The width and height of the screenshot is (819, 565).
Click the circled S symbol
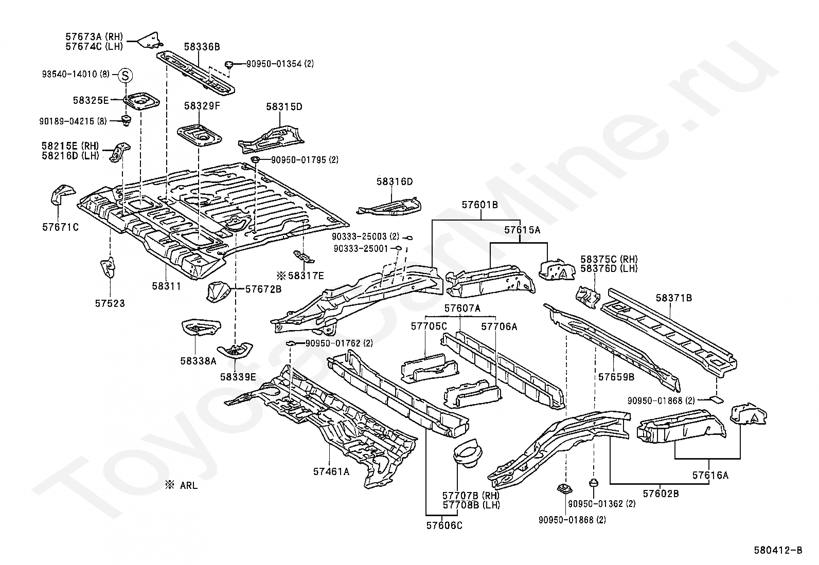126,76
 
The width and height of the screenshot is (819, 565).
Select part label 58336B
202,47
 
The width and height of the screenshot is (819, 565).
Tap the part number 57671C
60,227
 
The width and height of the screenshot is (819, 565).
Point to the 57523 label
110,303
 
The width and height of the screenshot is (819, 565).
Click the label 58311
167,286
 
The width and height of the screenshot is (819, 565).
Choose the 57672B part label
263,289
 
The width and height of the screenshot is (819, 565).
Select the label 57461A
331,472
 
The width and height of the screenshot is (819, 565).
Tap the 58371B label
674,298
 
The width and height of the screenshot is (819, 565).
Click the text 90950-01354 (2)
280,64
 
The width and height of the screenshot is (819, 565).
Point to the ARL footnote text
182,485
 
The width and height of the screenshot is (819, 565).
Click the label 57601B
479,205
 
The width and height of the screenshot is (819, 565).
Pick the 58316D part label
395,181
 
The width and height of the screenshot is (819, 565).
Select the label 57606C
444,525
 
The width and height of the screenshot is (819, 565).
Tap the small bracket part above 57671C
61,194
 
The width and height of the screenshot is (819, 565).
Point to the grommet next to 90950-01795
255,159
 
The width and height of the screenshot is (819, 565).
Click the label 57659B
616,377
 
